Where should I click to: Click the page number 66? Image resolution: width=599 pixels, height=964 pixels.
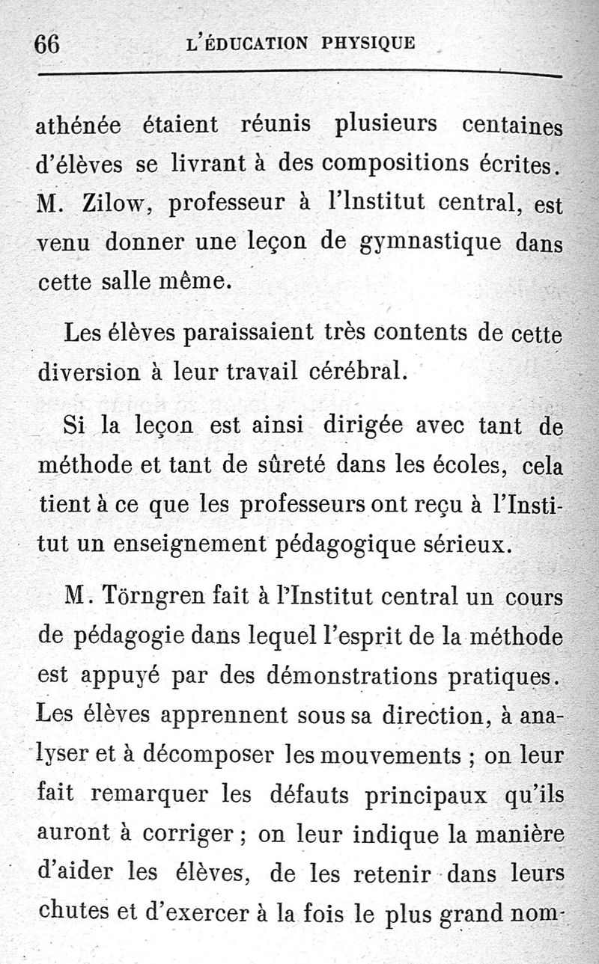pyautogui.click(x=46, y=44)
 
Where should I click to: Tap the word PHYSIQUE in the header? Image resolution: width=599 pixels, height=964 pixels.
pyautogui.click(x=368, y=43)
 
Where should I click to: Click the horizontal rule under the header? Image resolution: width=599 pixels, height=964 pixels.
pyautogui.click(x=299, y=74)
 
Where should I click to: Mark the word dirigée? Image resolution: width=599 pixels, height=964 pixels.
pyautogui.click(x=362, y=425)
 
